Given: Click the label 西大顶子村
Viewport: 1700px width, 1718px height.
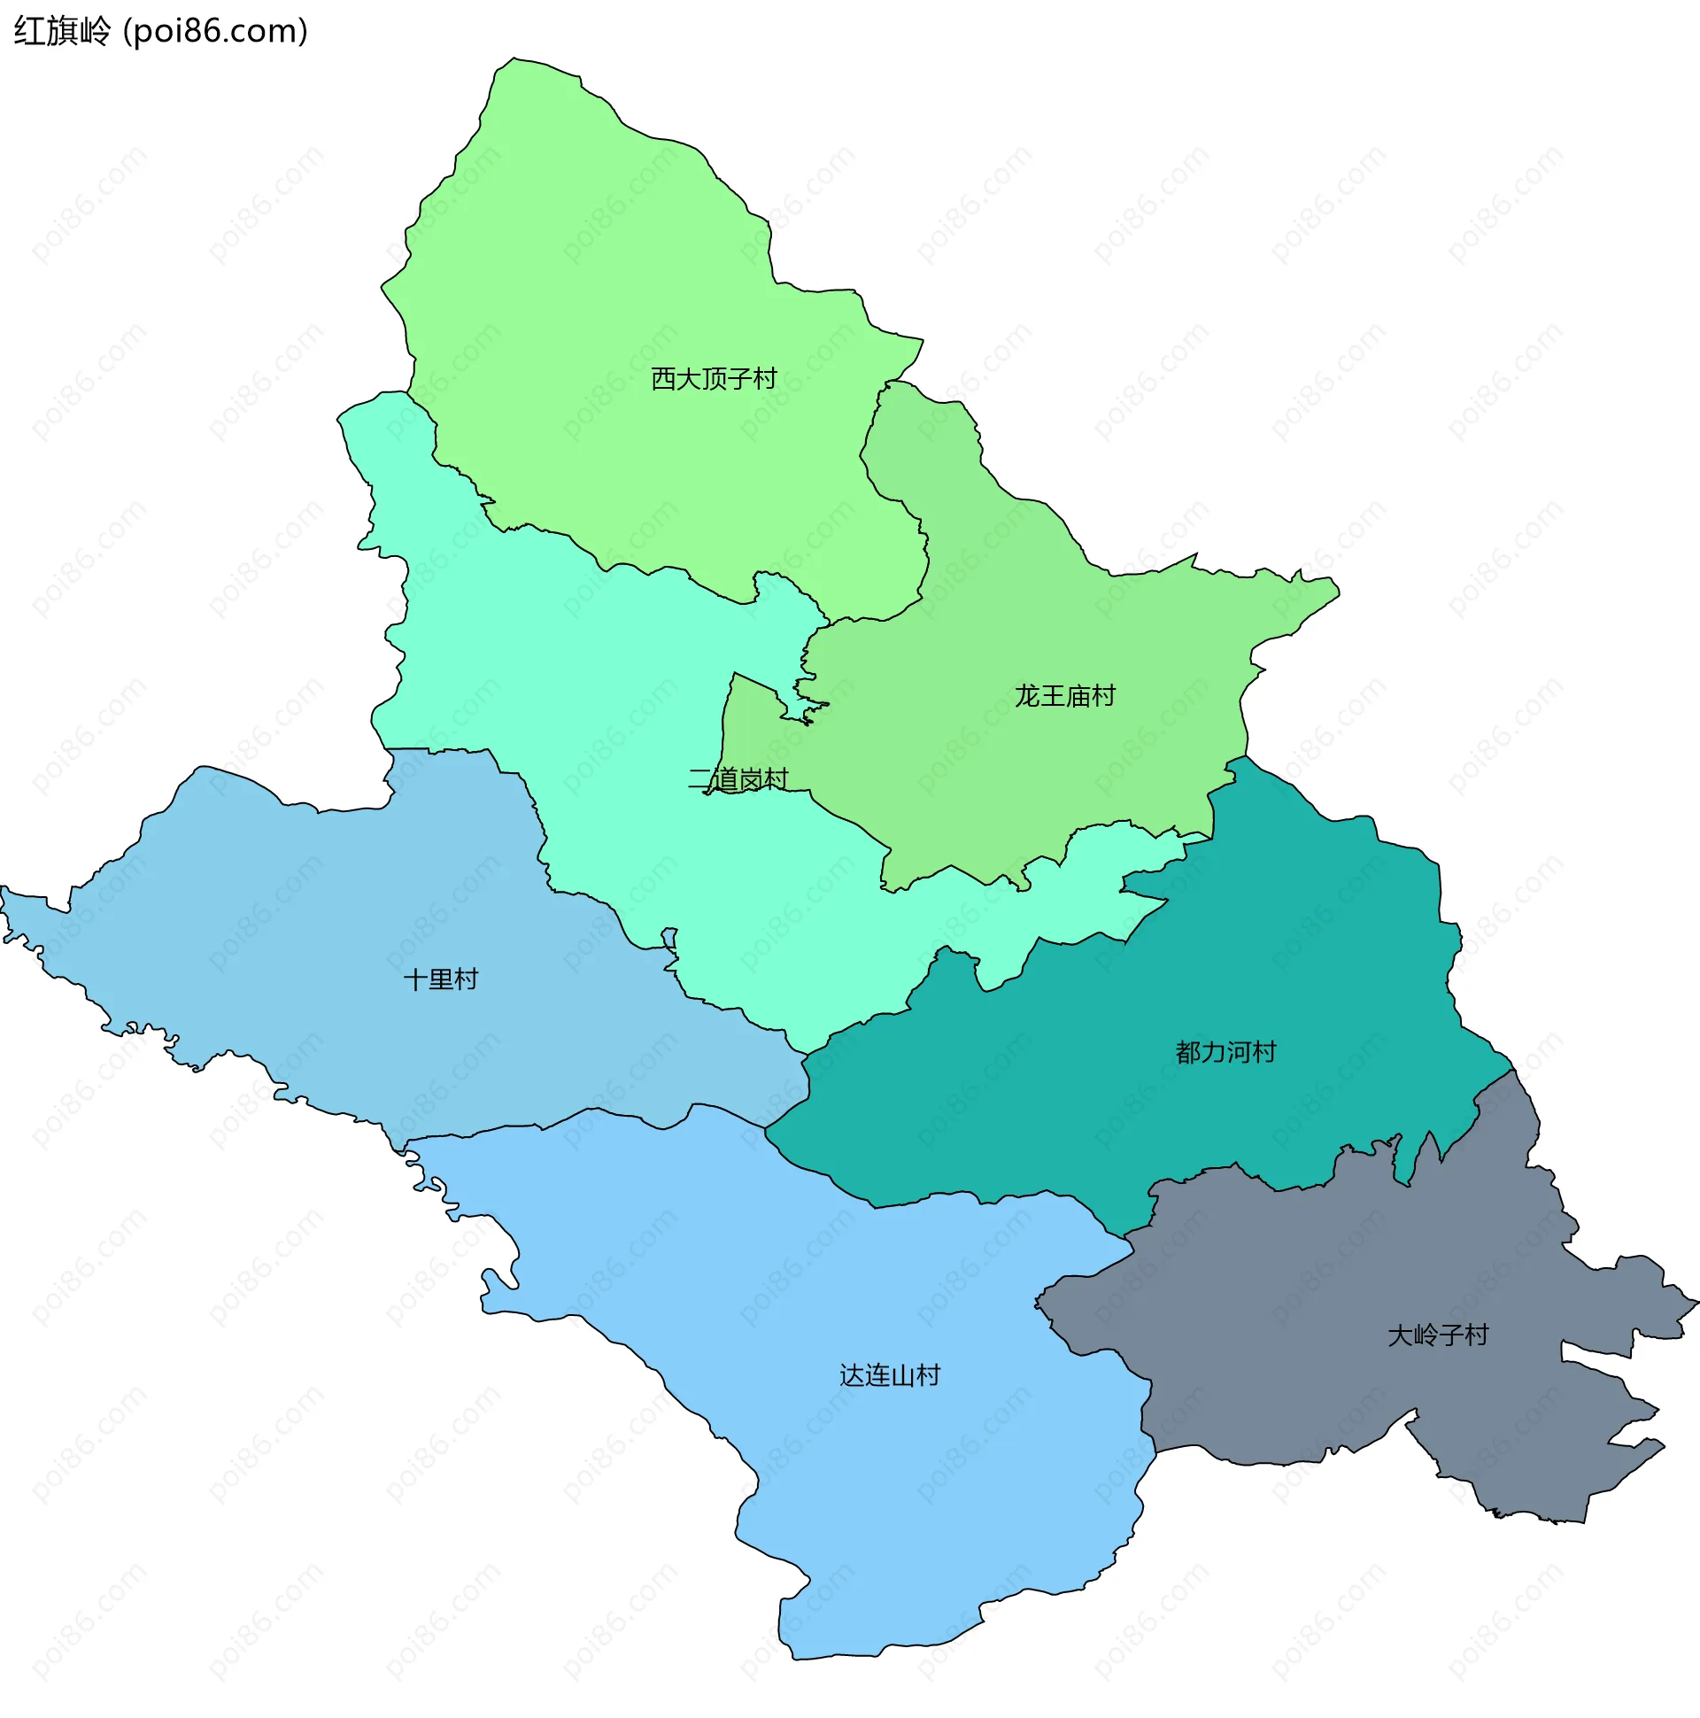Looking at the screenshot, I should [x=713, y=379].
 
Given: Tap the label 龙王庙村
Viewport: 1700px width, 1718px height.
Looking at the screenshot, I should [x=1064, y=695].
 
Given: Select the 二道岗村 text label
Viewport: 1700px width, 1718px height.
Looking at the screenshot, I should [x=738, y=779].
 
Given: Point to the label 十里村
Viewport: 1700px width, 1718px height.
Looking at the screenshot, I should [x=440, y=979].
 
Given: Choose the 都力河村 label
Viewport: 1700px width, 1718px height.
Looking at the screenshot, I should [x=1225, y=1052].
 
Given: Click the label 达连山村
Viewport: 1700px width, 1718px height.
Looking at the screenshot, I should [x=889, y=1375].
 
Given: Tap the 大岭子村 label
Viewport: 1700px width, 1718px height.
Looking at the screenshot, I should [x=1437, y=1335].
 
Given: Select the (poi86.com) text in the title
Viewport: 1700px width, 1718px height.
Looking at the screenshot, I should [x=215, y=32].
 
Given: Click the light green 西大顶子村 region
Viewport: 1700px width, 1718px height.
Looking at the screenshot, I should [x=622, y=267].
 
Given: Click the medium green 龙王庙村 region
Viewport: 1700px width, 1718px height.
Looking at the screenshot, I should [x=1023, y=783].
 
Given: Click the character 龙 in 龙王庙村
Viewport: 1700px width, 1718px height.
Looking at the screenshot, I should [x=1026, y=695].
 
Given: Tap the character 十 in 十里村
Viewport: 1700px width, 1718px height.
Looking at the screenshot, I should [x=415, y=979].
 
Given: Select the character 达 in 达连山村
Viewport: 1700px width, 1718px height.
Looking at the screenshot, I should [x=852, y=1375].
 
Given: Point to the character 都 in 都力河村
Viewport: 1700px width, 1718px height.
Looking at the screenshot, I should [x=1188, y=1052].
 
